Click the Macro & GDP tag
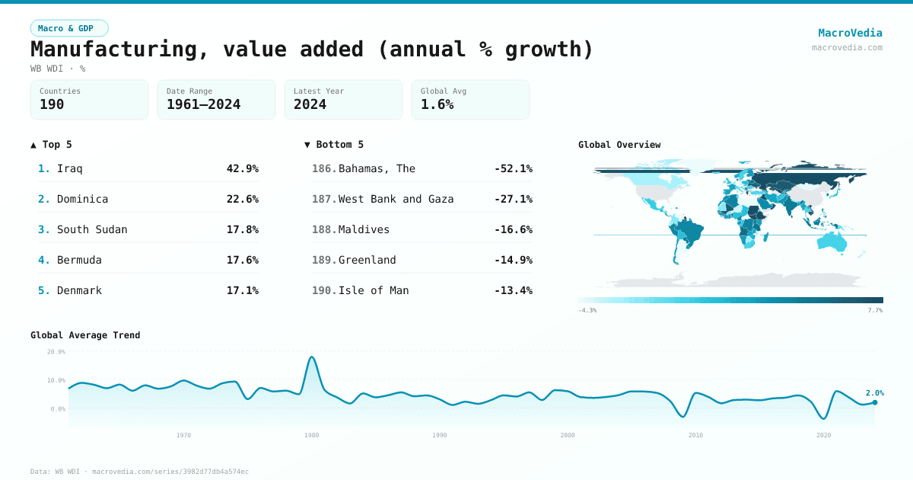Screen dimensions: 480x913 point(69,28)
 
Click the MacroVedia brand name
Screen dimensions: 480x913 point(850,33)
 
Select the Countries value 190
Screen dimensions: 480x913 point(52,104)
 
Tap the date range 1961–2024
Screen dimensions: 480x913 point(203,104)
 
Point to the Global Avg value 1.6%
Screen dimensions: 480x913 point(437,104)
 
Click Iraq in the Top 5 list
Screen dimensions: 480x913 point(70,168)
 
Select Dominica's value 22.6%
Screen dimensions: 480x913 point(242,199)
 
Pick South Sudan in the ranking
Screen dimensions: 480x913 point(92,229)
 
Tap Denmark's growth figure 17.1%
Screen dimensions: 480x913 point(242,290)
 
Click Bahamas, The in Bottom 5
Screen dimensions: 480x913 point(377,168)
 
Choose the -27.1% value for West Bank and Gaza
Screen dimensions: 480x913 point(513,199)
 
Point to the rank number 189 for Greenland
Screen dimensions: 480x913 point(323,260)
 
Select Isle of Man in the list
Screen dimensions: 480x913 point(374,290)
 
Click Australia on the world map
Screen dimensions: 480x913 point(831,242)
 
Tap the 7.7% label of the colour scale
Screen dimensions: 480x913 point(875,310)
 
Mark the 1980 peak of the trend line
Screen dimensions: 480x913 point(311,357)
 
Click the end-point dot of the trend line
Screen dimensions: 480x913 point(875,402)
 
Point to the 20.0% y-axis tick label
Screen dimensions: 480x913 point(56,352)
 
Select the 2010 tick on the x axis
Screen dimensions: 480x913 point(695,435)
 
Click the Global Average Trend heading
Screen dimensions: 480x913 point(85,335)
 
